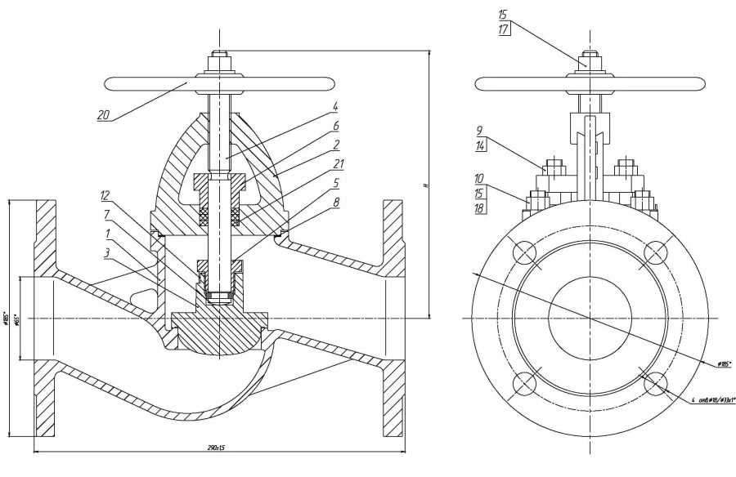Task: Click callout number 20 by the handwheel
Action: coord(103,115)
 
